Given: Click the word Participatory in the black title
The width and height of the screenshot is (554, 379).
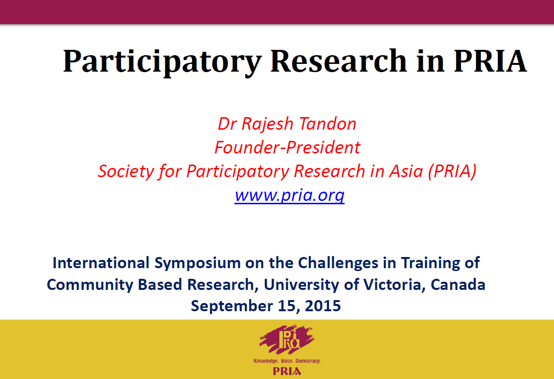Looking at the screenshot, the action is pos(162,62).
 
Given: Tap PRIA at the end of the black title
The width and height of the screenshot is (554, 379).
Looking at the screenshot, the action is pos(490,61).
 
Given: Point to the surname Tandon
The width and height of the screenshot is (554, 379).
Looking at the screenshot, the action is pos(327,124).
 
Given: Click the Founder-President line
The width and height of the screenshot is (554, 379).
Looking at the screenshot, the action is pos(287,147).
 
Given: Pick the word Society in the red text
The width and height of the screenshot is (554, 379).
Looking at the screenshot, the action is pos(126,172).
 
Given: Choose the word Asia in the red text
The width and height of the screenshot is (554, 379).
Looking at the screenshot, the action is pos(406,171).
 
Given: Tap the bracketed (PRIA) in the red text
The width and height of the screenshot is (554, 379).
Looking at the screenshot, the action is pos(452,171).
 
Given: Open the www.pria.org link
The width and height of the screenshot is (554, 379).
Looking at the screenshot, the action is pos(290,196).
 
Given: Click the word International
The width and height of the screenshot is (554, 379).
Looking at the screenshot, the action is pos(101,263).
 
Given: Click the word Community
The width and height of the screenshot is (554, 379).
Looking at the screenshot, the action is pos(90,285).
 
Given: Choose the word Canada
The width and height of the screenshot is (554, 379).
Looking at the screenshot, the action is pos(458,285).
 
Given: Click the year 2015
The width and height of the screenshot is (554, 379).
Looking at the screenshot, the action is pos(323,306).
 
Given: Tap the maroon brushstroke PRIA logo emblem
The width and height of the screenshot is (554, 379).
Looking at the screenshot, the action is pos(287,339).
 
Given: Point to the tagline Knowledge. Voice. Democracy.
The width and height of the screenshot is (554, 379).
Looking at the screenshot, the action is pos(287,361).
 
